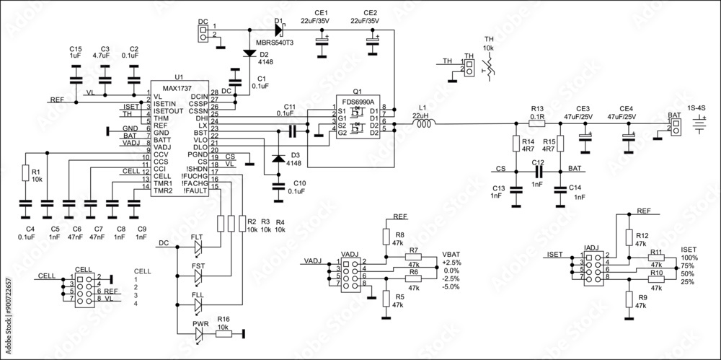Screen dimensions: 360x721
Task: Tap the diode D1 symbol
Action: [279, 30]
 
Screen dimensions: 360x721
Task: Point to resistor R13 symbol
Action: [537, 124]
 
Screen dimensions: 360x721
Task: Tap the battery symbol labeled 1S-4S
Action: [697, 124]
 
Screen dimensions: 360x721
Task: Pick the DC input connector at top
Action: [203, 31]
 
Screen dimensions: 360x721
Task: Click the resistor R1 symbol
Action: [25, 174]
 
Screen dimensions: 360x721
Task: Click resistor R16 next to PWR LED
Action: [224, 333]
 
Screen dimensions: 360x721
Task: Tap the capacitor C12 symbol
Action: [537, 172]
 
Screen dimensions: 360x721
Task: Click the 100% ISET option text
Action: [689, 258]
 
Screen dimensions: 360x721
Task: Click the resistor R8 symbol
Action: [386, 237]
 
